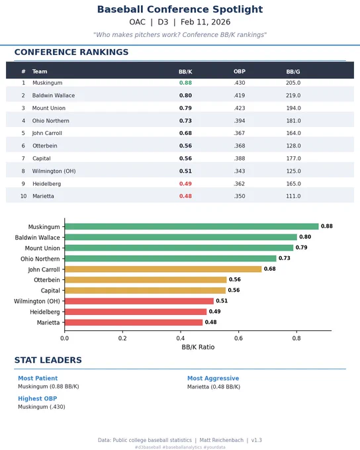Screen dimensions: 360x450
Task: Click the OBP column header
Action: click(x=240, y=71)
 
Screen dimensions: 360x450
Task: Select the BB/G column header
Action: click(x=293, y=71)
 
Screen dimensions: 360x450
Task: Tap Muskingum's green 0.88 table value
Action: click(x=185, y=83)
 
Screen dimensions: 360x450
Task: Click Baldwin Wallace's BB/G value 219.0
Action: click(x=293, y=95)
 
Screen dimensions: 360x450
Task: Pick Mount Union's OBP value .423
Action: click(x=240, y=108)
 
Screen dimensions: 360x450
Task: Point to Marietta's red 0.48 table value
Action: click(x=185, y=196)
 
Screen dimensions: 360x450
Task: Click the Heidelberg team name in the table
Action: click(x=46, y=184)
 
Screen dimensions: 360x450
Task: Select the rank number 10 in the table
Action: click(x=23, y=196)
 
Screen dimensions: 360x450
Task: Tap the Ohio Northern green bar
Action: click(x=171, y=258)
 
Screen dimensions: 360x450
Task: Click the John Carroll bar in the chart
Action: click(x=163, y=269)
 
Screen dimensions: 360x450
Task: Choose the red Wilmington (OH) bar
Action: click(x=139, y=301)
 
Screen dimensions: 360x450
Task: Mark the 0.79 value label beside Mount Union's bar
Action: click(x=302, y=247)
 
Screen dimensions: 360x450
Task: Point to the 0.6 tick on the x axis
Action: click(x=238, y=338)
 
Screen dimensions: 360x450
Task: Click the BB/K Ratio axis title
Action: click(x=198, y=347)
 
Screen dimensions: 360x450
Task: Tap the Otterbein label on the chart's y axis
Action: click(x=47, y=280)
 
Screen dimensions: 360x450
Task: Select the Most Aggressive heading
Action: click(x=213, y=379)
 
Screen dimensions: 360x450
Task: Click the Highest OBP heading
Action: click(x=37, y=398)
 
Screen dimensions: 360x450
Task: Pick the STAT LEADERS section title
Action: click(x=48, y=360)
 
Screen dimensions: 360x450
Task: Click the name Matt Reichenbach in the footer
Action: click(x=221, y=440)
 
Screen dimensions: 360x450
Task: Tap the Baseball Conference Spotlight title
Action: click(x=180, y=9)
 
